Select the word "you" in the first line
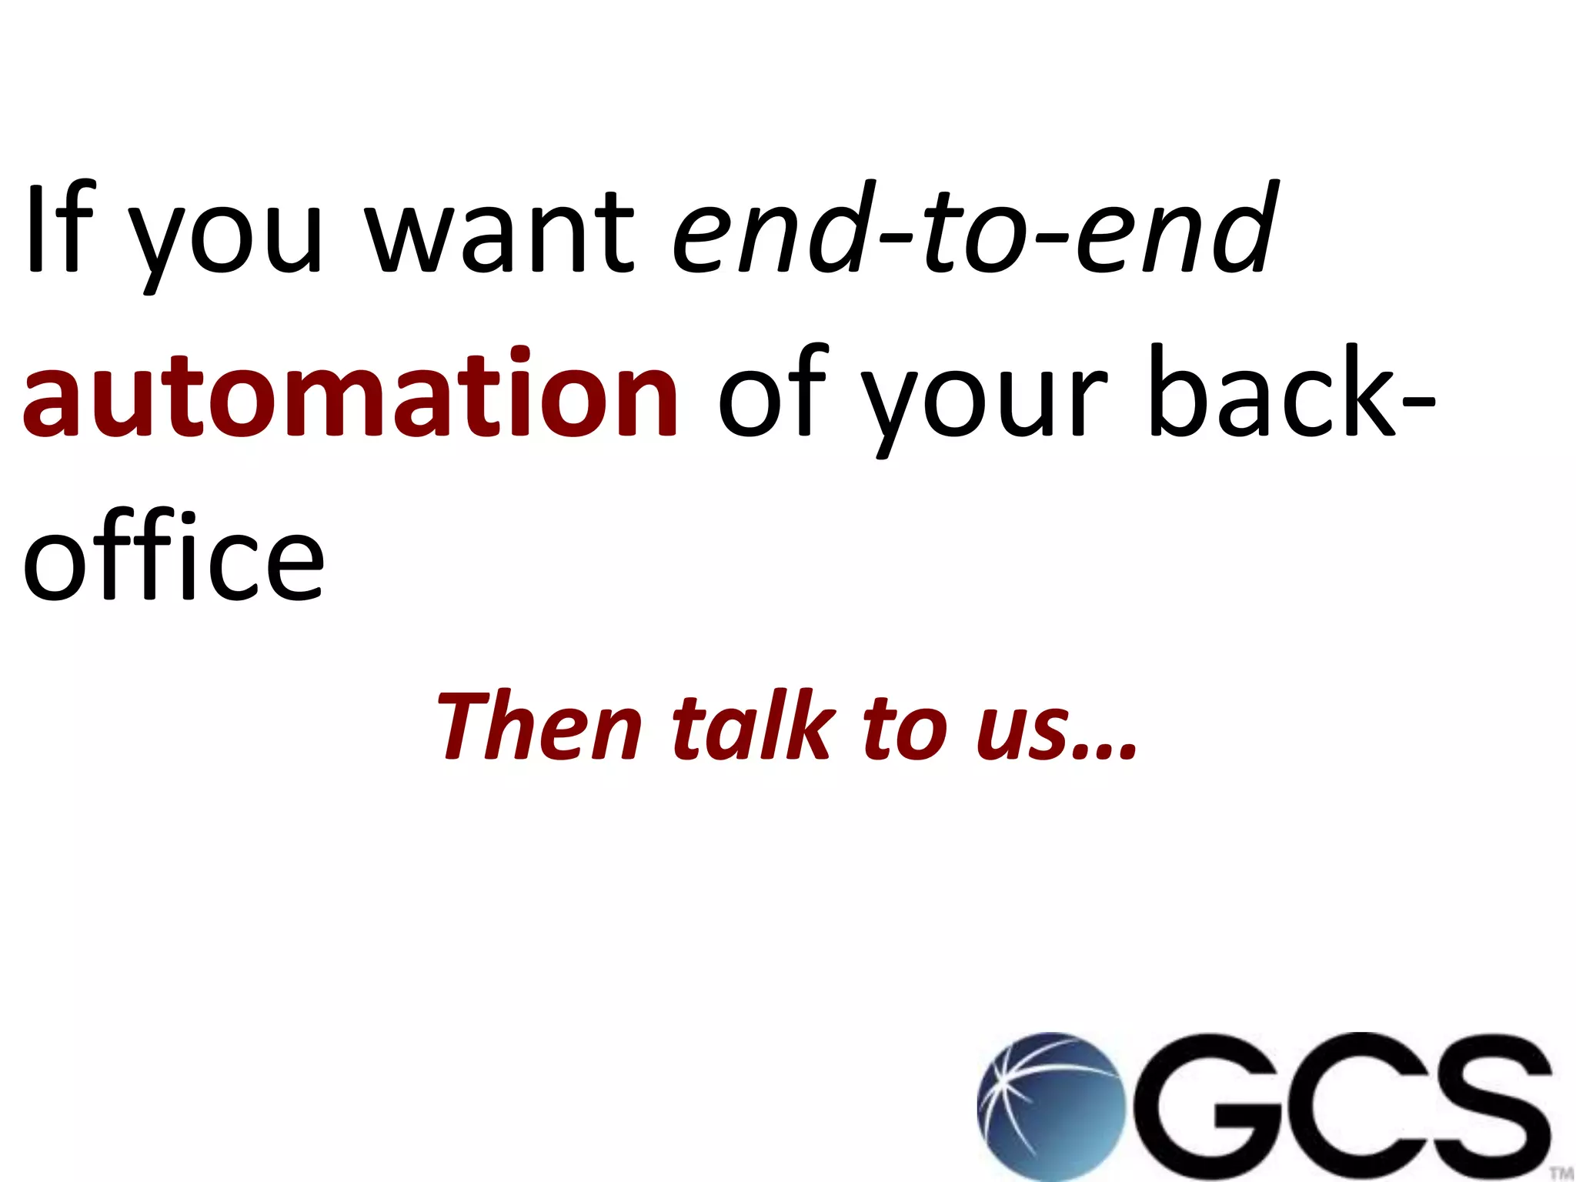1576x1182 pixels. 223,239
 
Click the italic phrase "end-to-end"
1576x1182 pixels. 973,229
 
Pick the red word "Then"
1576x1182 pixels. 539,726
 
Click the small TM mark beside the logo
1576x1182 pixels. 1561,1173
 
